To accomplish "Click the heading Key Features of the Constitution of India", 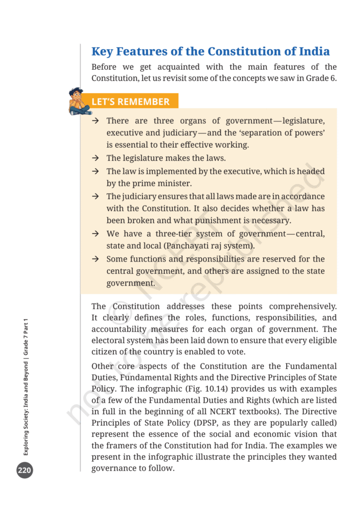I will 210,52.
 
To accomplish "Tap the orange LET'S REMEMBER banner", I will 130,102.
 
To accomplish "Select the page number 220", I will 25,471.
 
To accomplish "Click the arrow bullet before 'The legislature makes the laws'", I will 95,158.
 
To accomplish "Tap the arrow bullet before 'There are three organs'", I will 95,121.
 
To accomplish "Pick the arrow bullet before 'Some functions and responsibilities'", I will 95,259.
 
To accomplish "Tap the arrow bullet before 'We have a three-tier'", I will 95,234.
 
